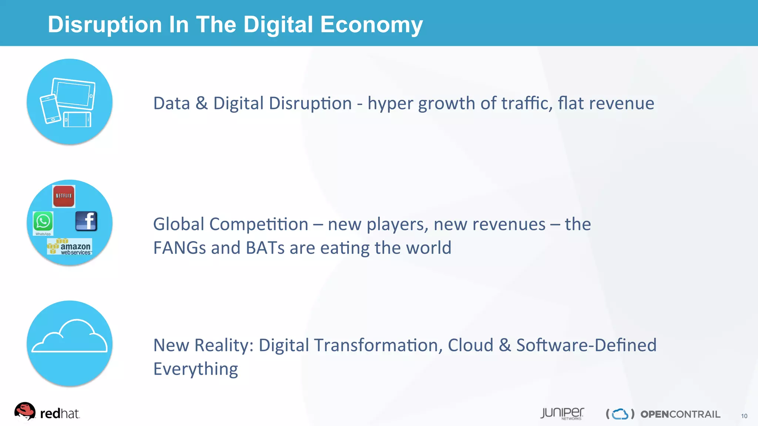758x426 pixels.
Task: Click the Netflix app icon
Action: click(64, 196)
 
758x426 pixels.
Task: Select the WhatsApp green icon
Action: click(43, 222)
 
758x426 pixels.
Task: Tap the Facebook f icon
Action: click(86, 221)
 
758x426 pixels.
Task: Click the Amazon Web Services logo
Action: click(70, 247)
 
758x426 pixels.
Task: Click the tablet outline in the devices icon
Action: click(74, 93)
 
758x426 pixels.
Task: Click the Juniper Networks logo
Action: click(562, 413)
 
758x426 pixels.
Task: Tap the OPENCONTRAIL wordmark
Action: click(680, 414)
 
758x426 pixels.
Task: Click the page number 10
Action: click(744, 416)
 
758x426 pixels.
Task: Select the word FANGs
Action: click(179, 248)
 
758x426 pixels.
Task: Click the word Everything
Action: click(195, 369)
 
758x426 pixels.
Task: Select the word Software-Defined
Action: click(586, 345)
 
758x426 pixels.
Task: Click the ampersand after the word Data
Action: click(201, 103)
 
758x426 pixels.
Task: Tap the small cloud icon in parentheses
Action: click(620, 414)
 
